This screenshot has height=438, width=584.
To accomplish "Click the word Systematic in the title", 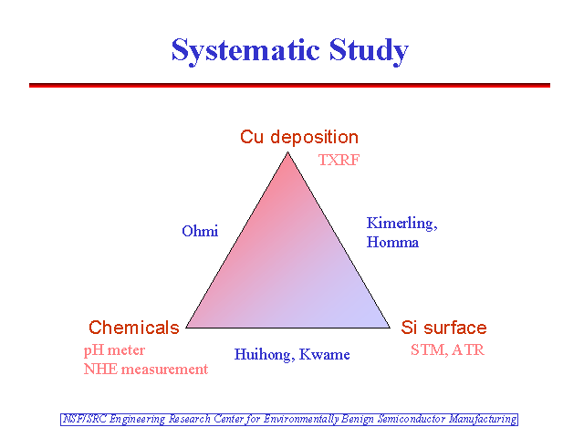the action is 245,51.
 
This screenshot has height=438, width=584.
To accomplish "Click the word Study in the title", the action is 369,51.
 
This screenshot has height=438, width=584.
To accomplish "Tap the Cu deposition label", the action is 299,138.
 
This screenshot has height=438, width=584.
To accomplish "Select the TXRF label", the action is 339,161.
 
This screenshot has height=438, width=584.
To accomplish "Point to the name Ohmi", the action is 200,231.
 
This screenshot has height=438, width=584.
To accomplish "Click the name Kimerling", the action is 401,224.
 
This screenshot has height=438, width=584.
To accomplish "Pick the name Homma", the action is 392,243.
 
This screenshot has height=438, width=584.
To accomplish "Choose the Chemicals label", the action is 134,328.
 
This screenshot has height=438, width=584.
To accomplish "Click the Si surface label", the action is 444,328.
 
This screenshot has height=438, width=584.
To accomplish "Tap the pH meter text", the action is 114,350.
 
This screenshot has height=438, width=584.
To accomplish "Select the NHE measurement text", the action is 146,370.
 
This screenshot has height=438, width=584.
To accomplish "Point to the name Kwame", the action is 325,354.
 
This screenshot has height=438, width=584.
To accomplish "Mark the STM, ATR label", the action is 448,350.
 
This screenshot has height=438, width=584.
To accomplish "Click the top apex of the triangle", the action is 288,152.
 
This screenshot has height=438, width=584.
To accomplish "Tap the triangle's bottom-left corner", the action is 186,328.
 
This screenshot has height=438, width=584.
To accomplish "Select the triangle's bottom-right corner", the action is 390,328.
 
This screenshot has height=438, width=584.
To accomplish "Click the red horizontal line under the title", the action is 290,85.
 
